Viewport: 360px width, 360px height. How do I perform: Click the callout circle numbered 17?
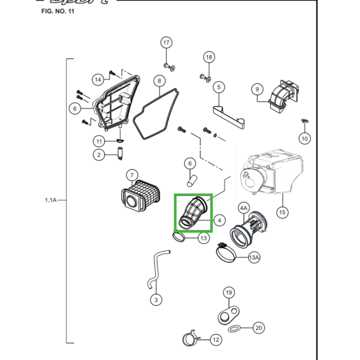pos(166,43)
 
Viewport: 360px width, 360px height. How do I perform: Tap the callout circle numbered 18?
pos(208,57)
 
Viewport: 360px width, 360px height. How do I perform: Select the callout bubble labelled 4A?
pos(243,208)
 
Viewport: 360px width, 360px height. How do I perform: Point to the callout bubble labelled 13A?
pos(254,257)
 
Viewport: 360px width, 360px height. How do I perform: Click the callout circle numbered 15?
pos(282,212)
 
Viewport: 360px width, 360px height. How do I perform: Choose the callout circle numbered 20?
pos(258,328)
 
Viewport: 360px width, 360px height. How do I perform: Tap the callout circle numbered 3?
pos(156,299)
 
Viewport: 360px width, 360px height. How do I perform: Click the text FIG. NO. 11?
pos(57,11)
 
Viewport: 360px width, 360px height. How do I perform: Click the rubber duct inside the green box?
pos(193,211)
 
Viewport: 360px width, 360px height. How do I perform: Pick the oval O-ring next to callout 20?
pos(234,329)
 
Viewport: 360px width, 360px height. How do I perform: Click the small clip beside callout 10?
pos(304,121)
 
